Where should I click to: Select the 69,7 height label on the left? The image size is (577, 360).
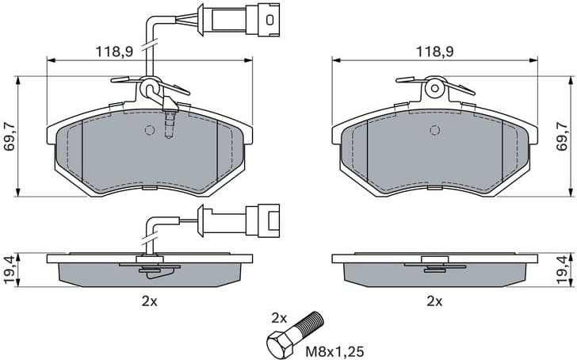(9, 136)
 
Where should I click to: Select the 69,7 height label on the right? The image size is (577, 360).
(563, 136)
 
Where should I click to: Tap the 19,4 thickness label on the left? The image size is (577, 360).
(9, 270)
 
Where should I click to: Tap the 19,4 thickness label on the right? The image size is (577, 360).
(563, 270)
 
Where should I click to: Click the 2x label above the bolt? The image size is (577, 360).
(278, 317)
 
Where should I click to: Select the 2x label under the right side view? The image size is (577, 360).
(434, 301)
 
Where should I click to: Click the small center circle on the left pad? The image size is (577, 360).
(150, 131)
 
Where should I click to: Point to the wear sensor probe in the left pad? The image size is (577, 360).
(167, 123)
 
